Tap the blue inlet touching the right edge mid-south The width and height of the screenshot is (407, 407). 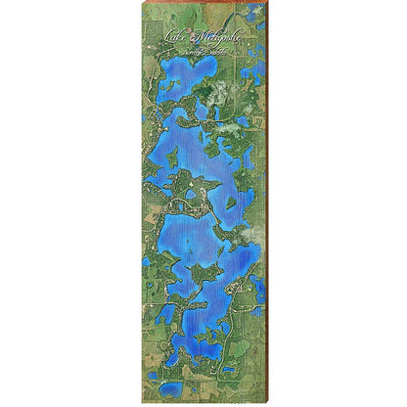[x=260, y=290]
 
